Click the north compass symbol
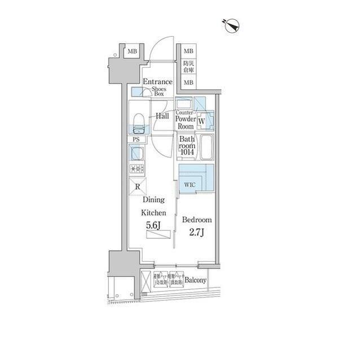tap(232, 25)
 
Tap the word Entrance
tap(157, 82)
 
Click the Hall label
tap(162, 116)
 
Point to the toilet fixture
tap(138, 121)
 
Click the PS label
tap(135, 139)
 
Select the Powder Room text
tap(186, 123)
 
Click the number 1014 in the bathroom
tap(187, 151)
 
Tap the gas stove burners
tap(137, 168)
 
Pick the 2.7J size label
tap(196, 232)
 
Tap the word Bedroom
tap(197, 220)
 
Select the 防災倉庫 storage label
tap(188, 67)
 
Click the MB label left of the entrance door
tap(131, 52)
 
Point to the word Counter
tap(185, 112)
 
